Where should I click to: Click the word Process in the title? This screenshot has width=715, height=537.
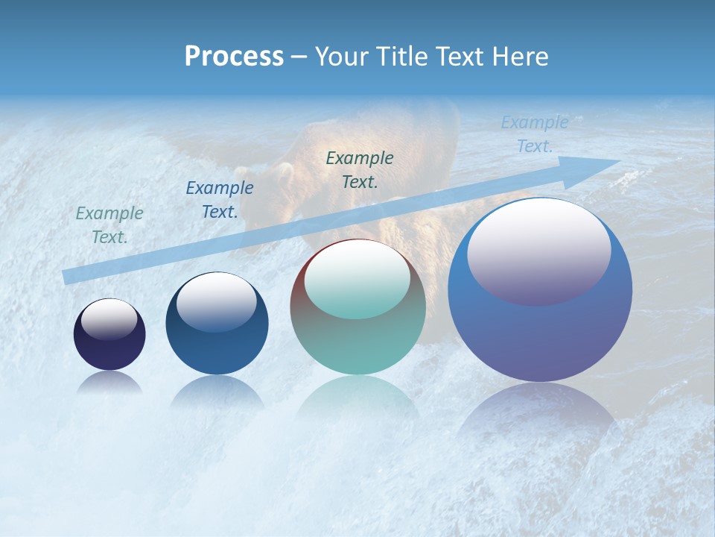pos(234,57)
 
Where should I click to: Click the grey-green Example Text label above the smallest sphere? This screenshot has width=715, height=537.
pos(109,225)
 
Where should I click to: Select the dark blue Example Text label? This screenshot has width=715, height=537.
pos(220,200)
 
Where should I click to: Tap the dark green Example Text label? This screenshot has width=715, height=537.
pos(360,169)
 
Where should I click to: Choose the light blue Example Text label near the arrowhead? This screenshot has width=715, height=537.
pos(535,134)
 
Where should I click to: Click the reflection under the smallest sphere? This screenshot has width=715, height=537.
pos(109,383)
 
